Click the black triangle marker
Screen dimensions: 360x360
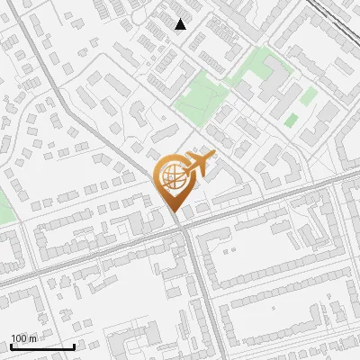(x=181, y=24)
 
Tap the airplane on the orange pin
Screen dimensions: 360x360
(x=198, y=165)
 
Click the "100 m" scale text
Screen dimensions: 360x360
(x=23, y=338)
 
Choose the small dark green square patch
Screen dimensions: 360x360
(x=291, y=120)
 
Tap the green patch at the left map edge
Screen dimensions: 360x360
(x=4, y=205)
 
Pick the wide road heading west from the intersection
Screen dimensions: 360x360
(x=90, y=254)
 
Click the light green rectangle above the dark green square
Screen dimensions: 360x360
(x=309, y=95)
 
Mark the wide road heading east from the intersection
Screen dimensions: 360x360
(x=270, y=201)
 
